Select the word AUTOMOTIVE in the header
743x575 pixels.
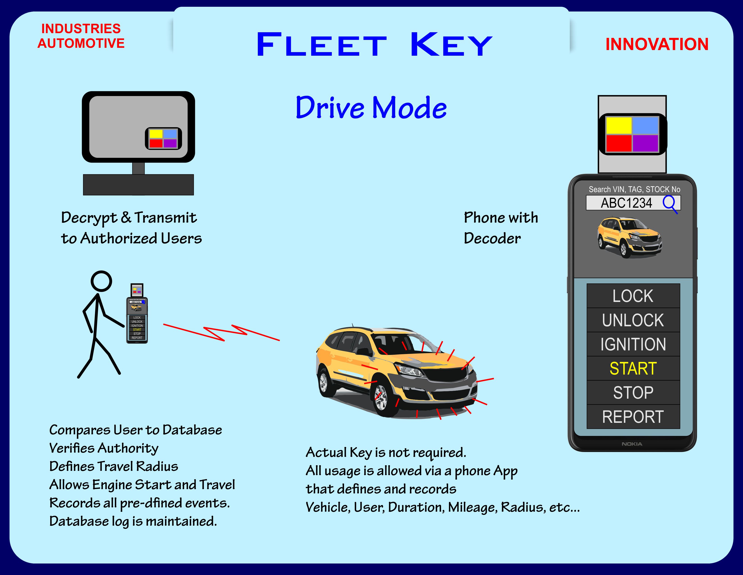[81, 43]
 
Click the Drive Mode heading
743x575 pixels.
[371, 108]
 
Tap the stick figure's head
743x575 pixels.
[101, 281]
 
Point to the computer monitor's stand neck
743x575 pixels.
[138, 168]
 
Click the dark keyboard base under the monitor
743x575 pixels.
[138, 185]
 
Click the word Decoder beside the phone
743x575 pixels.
[492, 238]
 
